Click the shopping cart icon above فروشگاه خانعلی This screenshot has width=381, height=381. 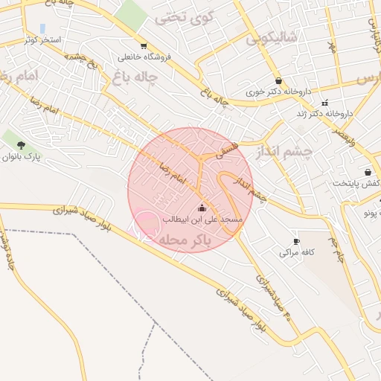pyautogui.click(x=143, y=45)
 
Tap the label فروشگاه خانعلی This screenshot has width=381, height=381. pyautogui.click(x=144, y=57)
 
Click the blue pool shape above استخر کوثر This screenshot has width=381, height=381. pyautogui.click(x=42, y=28)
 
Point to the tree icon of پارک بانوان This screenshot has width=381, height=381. pyautogui.click(x=20, y=145)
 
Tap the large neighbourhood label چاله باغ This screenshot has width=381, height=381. pyautogui.click(x=138, y=76)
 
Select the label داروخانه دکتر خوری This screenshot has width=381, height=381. pyautogui.click(x=278, y=93)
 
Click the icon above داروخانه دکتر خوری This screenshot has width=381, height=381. pyautogui.click(x=278, y=81)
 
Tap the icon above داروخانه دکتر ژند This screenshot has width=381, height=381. pyautogui.click(x=324, y=103)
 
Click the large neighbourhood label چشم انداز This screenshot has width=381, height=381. pyautogui.click(x=285, y=151)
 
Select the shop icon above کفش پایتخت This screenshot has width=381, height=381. pyautogui.click(x=368, y=172)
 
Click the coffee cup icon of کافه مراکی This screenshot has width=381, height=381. pyautogui.click(x=296, y=241)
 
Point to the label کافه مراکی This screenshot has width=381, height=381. pyautogui.click(x=297, y=252)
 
